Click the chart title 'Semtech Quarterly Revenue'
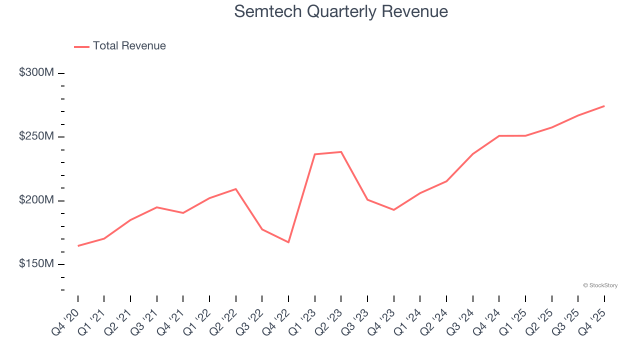coord(340,11)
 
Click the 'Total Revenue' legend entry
coord(129,46)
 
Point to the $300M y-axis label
coord(36,72)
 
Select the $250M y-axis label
coord(36,136)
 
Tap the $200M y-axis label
coord(36,200)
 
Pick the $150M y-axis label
coord(36,263)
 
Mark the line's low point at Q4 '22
coord(288,242)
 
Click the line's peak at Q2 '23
coord(341,152)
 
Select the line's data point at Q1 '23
coord(314,154)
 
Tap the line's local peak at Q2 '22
coord(235,189)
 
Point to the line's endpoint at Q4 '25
coord(604,106)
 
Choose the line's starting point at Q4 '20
coord(78,246)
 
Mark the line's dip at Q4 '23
coord(393,210)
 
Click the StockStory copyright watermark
coord(600,285)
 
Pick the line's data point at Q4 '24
coord(499,135)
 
